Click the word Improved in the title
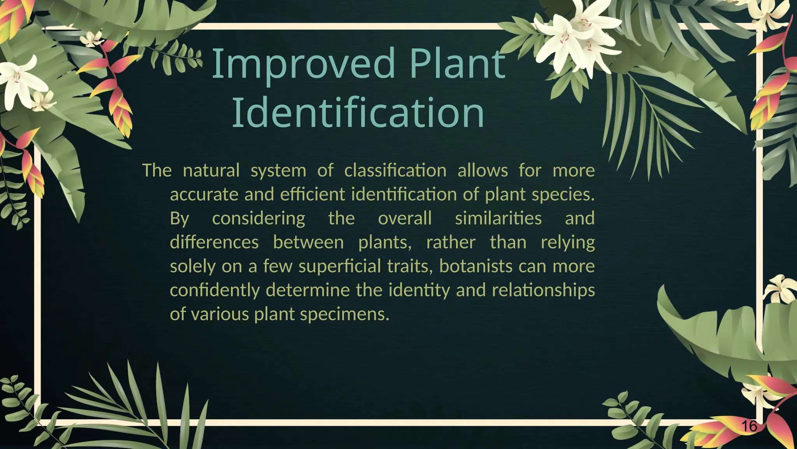click(x=303, y=64)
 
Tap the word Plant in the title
click(x=457, y=64)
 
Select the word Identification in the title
click(x=358, y=113)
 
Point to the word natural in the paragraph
click(x=211, y=171)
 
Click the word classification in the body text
click(x=395, y=171)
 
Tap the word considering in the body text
click(x=258, y=218)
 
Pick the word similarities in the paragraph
click(x=498, y=218)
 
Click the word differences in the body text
click(x=214, y=242)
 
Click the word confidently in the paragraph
click(x=214, y=290)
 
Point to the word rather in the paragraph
click(x=451, y=242)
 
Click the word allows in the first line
click(x=483, y=171)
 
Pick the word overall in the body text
click(x=405, y=218)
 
